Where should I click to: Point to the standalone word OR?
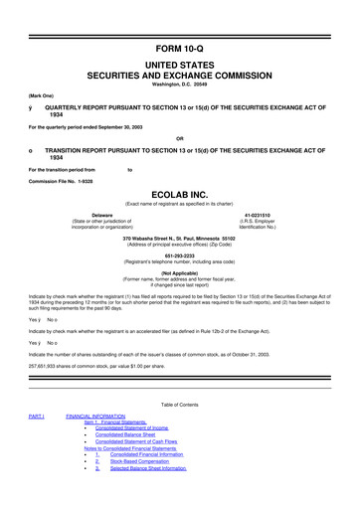point(180,138)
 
